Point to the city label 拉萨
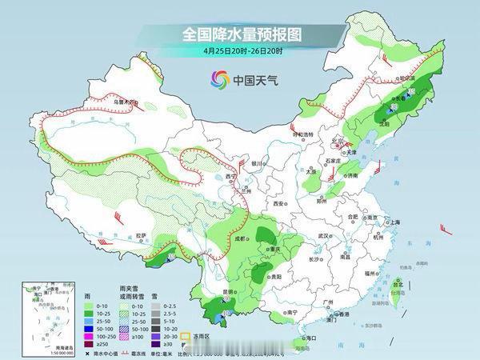tap(141, 235)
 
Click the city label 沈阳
tap(385, 124)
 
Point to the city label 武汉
tap(323, 236)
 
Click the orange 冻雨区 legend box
tap(183, 337)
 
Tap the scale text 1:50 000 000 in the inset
tap(37, 353)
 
